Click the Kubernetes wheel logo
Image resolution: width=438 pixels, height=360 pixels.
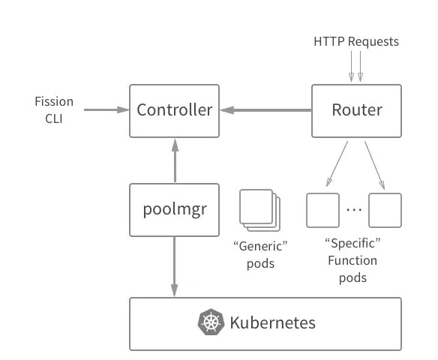click(211, 322)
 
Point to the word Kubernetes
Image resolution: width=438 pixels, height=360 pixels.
click(273, 322)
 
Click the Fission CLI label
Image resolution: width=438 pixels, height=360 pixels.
click(54, 109)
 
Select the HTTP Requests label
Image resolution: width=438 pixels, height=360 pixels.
click(356, 41)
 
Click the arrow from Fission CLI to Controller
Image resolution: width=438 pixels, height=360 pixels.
click(106, 109)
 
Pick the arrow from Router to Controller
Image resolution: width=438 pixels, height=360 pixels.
click(266, 110)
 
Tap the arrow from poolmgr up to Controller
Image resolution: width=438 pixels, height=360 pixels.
click(175, 160)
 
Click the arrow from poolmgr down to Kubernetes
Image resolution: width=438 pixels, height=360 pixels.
click(174, 267)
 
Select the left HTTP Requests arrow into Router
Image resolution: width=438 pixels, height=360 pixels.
click(352, 67)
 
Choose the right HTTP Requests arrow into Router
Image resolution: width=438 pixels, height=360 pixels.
click(360, 67)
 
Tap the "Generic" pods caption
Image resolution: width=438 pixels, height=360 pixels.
click(260, 255)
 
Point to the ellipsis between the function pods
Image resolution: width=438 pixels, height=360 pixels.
click(354, 209)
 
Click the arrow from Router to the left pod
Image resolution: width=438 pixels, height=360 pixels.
click(337, 164)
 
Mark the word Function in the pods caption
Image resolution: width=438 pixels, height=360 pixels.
click(352, 260)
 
